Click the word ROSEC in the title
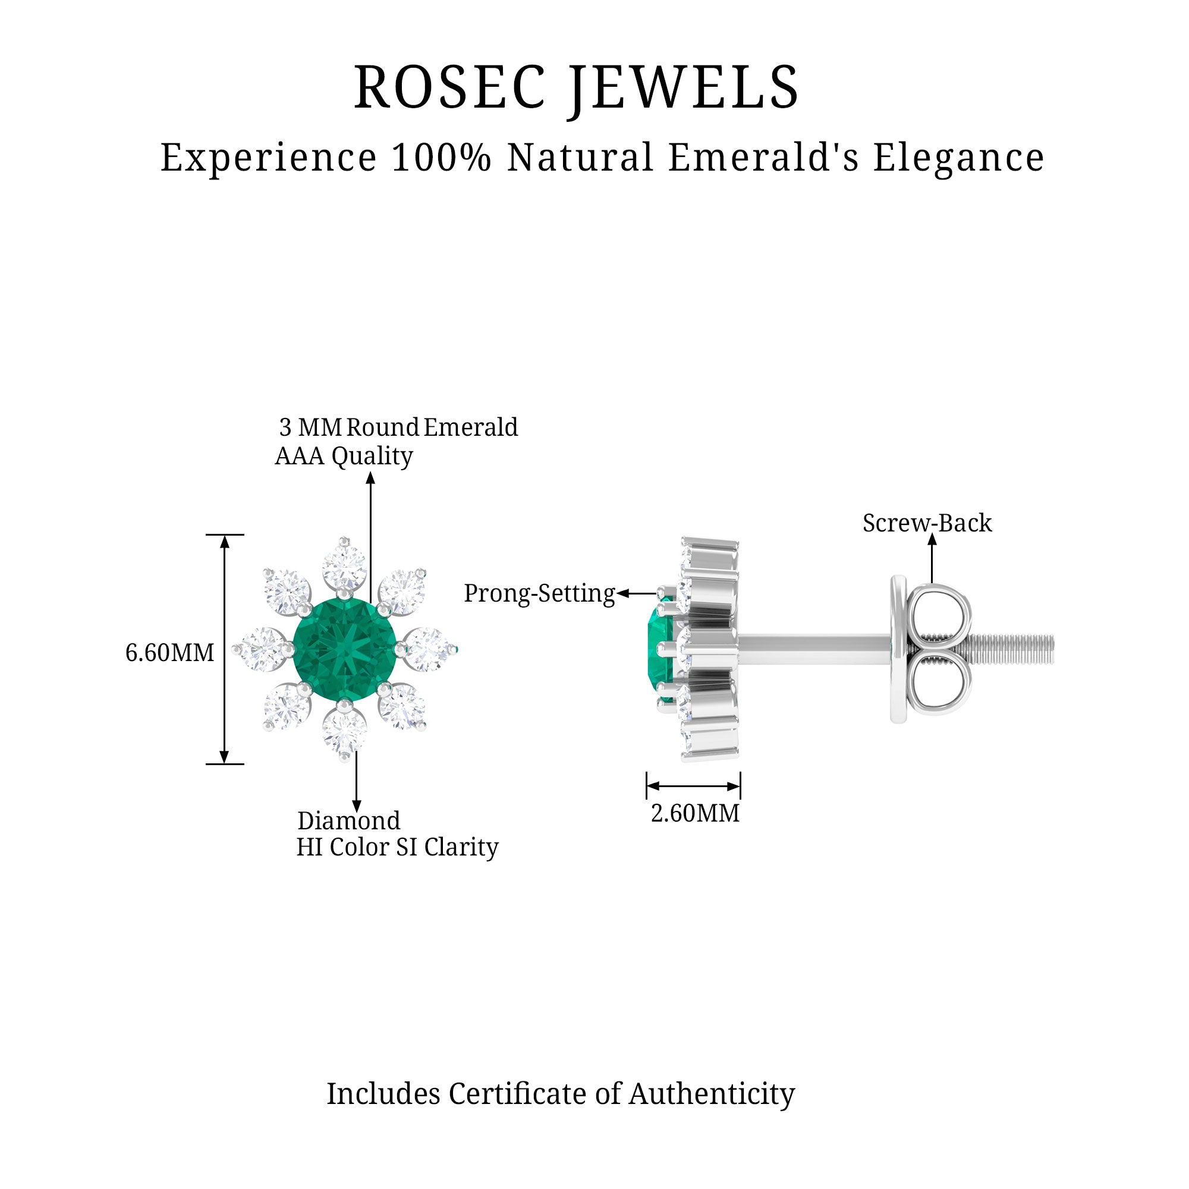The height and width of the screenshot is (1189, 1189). (449, 88)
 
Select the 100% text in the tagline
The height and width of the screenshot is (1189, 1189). (441, 158)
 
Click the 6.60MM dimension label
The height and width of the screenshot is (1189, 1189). (170, 653)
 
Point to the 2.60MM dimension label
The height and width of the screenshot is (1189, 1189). (696, 814)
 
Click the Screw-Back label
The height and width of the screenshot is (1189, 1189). (927, 524)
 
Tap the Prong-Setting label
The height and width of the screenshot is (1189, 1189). (539, 594)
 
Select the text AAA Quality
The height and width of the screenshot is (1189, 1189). (344, 457)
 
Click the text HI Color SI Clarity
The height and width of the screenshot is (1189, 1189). (397, 847)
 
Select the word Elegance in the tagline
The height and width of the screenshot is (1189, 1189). (958, 158)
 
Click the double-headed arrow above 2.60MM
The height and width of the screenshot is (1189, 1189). (693, 786)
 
